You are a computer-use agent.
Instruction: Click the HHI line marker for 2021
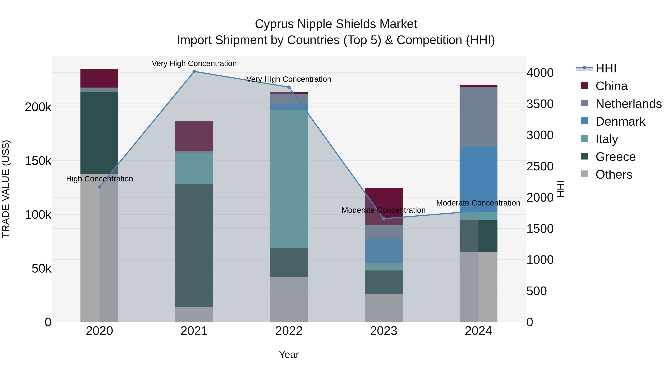[194, 71]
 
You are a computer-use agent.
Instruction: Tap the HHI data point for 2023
[383, 219]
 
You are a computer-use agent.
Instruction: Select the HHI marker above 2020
[99, 187]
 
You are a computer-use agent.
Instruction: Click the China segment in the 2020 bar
[99, 78]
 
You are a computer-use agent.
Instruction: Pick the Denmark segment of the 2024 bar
[478, 179]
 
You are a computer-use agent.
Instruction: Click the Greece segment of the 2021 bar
[194, 245]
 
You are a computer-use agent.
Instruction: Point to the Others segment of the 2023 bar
[383, 308]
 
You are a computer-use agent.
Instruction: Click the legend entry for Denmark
[620, 122]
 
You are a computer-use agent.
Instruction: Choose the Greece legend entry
[615, 157]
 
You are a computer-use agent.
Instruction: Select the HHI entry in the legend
[606, 68]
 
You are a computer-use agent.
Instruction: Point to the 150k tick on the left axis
[38, 161]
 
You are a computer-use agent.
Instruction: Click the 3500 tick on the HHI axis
[540, 104]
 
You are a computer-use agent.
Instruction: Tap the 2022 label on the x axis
[289, 331]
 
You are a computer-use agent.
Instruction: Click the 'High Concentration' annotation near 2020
[99, 179]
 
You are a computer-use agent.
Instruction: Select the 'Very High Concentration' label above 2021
[194, 63]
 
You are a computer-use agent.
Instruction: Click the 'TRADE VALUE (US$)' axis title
[6, 189]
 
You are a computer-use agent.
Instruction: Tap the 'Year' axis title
[289, 355]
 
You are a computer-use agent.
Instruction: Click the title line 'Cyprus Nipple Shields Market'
[336, 24]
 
